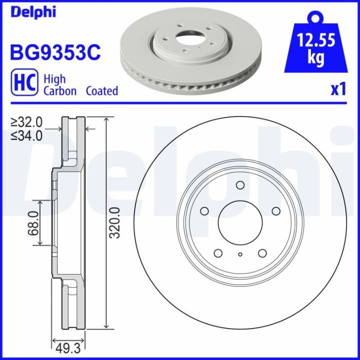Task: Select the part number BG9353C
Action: (55, 51)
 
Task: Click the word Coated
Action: (102, 91)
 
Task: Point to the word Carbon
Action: (60, 91)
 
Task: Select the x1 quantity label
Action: (338, 89)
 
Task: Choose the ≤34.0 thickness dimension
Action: (27, 134)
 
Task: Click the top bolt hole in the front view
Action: (239, 186)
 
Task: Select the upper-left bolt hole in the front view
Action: (204, 211)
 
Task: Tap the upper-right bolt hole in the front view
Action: (275, 211)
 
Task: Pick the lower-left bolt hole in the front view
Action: (218, 253)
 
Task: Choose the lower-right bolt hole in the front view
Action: (262, 253)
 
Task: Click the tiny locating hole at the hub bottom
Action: (240, 255)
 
